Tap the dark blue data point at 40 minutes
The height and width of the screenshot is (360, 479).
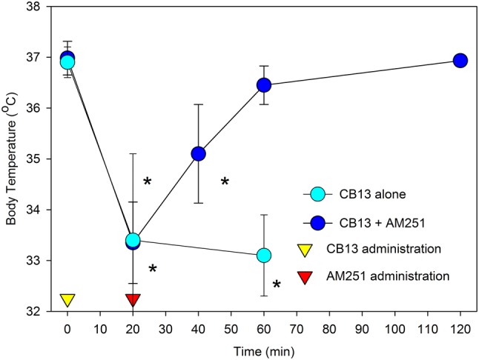198,153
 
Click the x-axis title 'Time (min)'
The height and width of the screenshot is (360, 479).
263,348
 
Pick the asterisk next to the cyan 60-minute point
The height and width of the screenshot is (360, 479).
277,285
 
